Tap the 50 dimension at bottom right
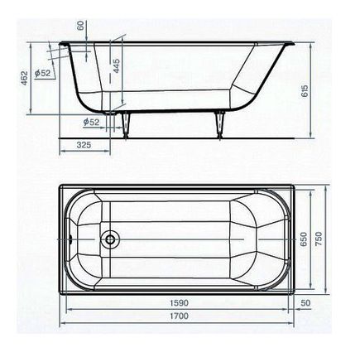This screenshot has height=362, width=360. pos(306,304)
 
